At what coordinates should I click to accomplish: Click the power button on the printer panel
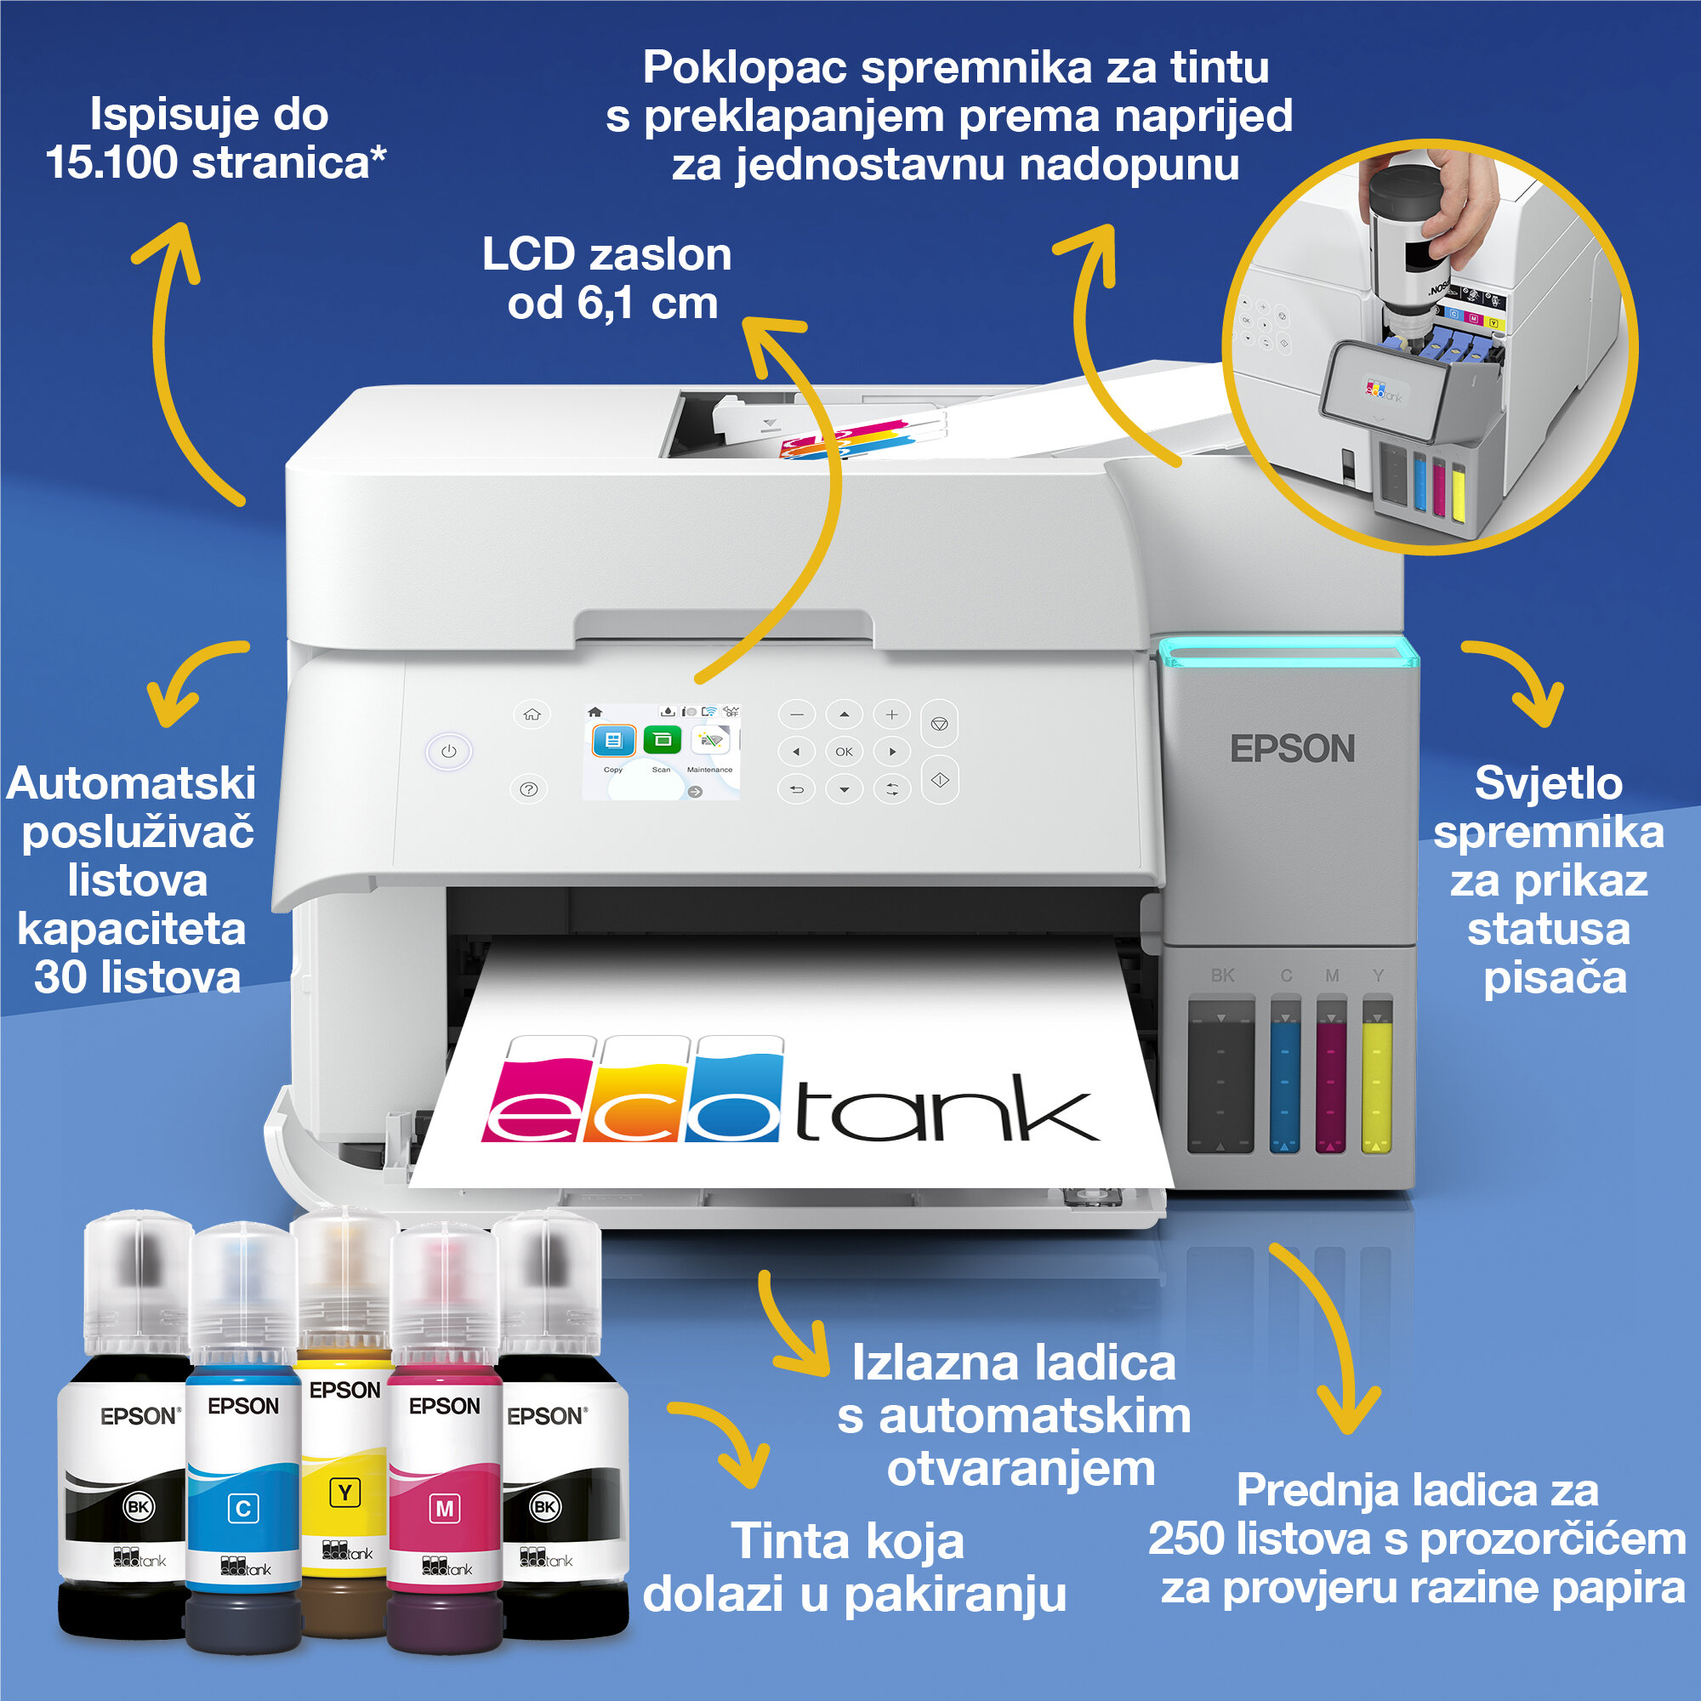click(449, 752)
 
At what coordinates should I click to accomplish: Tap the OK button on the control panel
click(844, 752)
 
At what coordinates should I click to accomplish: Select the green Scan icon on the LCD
click(662, 741)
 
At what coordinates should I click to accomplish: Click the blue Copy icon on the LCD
click(614, 741)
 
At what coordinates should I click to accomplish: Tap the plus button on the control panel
click(891, 715)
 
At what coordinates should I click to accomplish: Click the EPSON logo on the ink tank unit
click(1292, 749)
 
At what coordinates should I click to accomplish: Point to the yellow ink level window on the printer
click(1377, 1076)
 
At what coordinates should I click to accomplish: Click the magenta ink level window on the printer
click(1330, 1076)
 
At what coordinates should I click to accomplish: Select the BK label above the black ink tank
click(1222, 976)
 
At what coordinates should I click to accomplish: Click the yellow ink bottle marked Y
click(345, 1461)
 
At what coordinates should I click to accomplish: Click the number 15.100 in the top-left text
click(111, 164)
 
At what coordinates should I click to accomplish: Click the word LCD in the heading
click(528, 255)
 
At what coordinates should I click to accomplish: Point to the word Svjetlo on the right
click(1548, 783)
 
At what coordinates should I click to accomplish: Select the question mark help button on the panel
click(528, 790)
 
